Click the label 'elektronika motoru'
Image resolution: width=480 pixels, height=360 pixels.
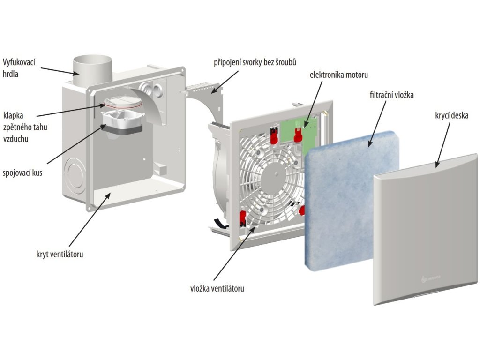tap(338, 75)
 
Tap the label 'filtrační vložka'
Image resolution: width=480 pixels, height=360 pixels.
tap(391, 95)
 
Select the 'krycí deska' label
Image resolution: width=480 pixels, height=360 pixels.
tap(451, 115)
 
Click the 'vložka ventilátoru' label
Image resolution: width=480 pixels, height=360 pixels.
tap(217, 288)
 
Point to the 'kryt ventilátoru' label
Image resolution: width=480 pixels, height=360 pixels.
tap(60, 254)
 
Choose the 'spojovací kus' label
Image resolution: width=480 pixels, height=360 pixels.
tap(22, 172)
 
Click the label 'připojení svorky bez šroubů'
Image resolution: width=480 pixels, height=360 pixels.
tap(255, 62)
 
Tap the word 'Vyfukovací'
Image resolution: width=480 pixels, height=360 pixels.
tap(19, 62)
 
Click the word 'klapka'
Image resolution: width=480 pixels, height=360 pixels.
tap(13, 115)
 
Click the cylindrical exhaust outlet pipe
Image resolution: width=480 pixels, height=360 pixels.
tap(92, 70)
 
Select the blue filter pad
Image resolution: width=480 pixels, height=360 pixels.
tap(352, 201)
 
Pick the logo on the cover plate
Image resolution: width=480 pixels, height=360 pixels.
tap(431, 278)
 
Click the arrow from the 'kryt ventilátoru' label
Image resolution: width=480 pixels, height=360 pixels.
tap(90, 219)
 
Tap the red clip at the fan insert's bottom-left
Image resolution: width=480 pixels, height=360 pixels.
tap(243, 217)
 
